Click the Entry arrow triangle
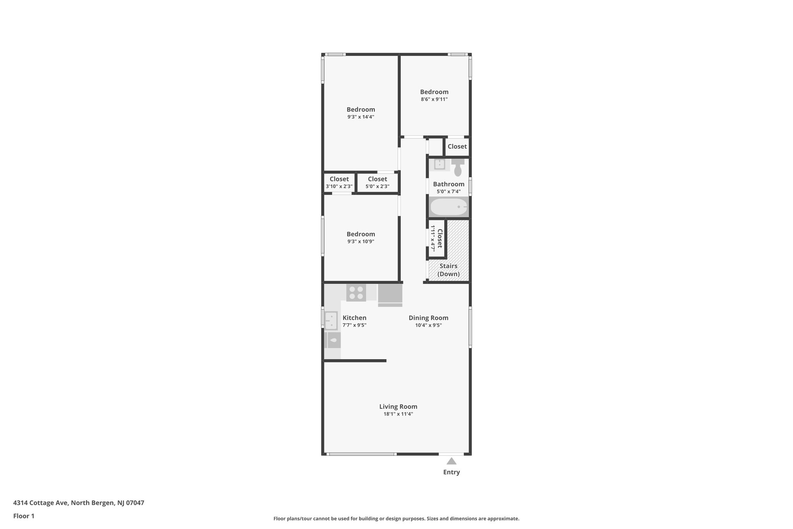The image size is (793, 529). tap(451, 461)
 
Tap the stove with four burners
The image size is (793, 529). tap(356, 293)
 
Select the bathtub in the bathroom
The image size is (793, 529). tap(449, 207)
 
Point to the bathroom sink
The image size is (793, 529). tap(439, 164)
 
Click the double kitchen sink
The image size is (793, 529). tap(331, 321)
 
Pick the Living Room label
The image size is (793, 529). tap(398, 407)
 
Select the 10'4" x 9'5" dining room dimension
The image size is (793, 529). tap(428, 326)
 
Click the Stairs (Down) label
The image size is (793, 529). tap(448, 270)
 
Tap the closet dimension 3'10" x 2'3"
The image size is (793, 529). tap(339, 186)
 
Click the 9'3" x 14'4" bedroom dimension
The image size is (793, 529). tap(360, 117)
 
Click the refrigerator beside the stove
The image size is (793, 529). tap(390, 295)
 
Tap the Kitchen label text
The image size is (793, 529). tap(354, 318)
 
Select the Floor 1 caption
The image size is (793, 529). tap(24, 516)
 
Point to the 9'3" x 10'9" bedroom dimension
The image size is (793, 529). tap(360, 241)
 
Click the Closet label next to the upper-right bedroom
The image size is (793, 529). tap(457, 146)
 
